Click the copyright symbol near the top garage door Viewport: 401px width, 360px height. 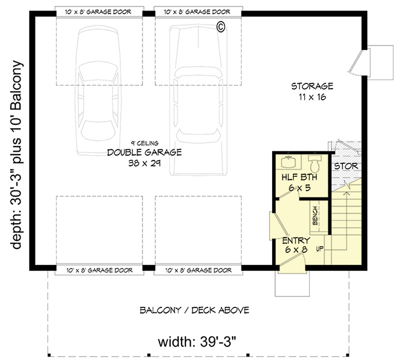(x=220, y=26)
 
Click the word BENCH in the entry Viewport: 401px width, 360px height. (x=315, y=216)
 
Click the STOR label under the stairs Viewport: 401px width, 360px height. (x=346, y=167)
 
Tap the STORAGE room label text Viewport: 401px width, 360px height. (x=312, y=87)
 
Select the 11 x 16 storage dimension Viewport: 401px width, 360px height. (x=312, y=98)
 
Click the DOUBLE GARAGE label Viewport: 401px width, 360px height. (x=144, y=152)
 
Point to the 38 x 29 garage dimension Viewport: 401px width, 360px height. (x=144, y=163)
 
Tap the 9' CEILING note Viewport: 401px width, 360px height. (x=144, y=143)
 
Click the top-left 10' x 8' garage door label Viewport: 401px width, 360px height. (x=99, y=11)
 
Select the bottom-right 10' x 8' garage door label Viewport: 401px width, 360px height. (x=198, y=270)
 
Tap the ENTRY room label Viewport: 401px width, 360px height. (x=296, y=240)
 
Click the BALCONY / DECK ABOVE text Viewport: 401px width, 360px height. (x=194, y=311)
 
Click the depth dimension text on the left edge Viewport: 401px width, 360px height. (x=17, y=154)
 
